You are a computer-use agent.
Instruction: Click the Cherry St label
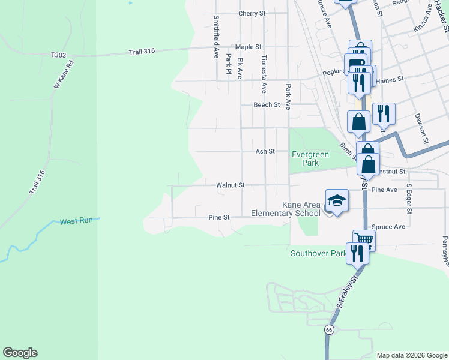[252, 13]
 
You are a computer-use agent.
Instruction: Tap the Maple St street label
[248, 46]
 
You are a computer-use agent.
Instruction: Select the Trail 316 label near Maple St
[142, 52]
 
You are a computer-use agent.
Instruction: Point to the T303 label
[58, 55]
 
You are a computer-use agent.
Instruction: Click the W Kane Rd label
[63, 74]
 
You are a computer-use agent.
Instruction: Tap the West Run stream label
[76, 221]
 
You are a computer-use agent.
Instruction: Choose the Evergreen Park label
[310, 158]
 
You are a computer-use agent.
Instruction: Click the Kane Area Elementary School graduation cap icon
[337, 200]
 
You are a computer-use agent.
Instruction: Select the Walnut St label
[230, 185]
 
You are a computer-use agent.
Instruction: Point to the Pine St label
[218, 217]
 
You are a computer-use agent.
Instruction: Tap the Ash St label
[265, 152]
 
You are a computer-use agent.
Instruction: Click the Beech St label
[267, 104]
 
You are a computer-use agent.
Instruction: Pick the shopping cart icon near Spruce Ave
[364, 239]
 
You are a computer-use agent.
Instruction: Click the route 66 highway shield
[329, 329]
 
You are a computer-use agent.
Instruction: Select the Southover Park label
[317, 253]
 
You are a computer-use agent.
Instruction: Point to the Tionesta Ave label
[263, 74]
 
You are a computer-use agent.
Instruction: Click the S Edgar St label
[409, 198]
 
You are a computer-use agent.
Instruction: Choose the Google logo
[20, 353]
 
